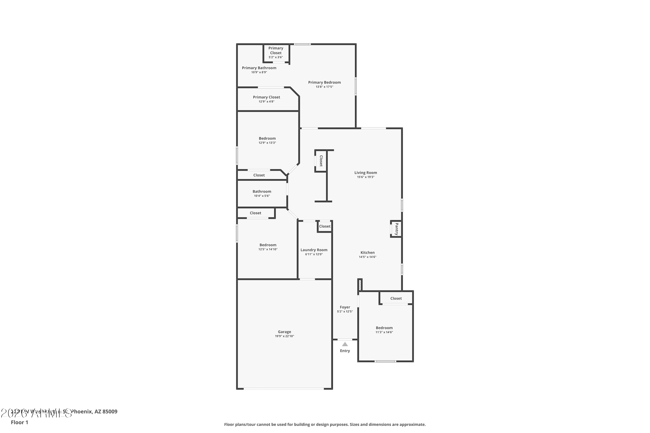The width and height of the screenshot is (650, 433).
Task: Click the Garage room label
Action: point(284,332)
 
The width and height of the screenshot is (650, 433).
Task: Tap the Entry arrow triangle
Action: point(345,344)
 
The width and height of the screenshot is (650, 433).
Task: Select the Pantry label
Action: point(396,229)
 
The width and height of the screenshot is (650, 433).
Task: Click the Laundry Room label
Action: point(314,250)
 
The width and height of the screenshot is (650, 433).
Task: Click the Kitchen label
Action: point(367,252)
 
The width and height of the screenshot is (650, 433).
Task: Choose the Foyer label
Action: point(345,307)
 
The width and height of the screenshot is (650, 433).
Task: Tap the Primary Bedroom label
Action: point(324,82)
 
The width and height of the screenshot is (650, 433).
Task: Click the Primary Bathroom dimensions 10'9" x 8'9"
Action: point(259,72)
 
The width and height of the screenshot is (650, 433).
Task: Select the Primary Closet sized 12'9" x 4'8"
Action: point(266,97)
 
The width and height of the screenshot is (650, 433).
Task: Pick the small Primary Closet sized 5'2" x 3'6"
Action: point(276,50)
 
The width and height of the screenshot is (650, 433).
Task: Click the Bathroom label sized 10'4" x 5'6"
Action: point(262,191)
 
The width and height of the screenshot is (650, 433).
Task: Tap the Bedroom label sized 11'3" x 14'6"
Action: point(384,328)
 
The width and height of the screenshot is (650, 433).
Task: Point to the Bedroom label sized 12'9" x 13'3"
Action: point(267,138)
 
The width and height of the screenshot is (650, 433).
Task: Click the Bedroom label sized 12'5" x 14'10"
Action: point(268,245)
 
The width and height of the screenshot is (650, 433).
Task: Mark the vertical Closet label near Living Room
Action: point(321,161)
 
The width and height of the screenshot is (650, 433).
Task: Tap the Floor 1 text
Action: point(19,422)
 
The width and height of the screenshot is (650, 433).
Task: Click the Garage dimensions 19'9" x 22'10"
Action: point(284,336)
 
